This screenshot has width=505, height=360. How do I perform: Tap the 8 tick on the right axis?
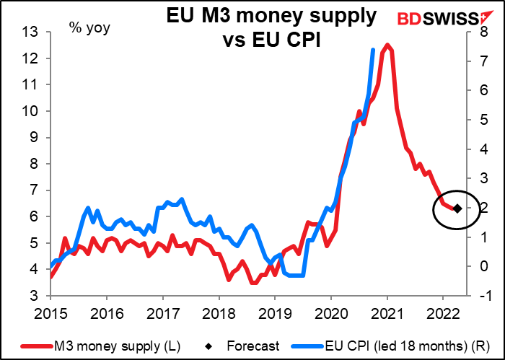click(481, 32)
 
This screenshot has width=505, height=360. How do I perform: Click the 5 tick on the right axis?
click(481, 120)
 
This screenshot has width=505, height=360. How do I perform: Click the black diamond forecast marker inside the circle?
click(457, 208)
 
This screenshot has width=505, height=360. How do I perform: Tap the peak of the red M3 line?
click(387, 45)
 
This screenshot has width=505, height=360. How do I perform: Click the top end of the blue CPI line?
click(372, 50)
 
